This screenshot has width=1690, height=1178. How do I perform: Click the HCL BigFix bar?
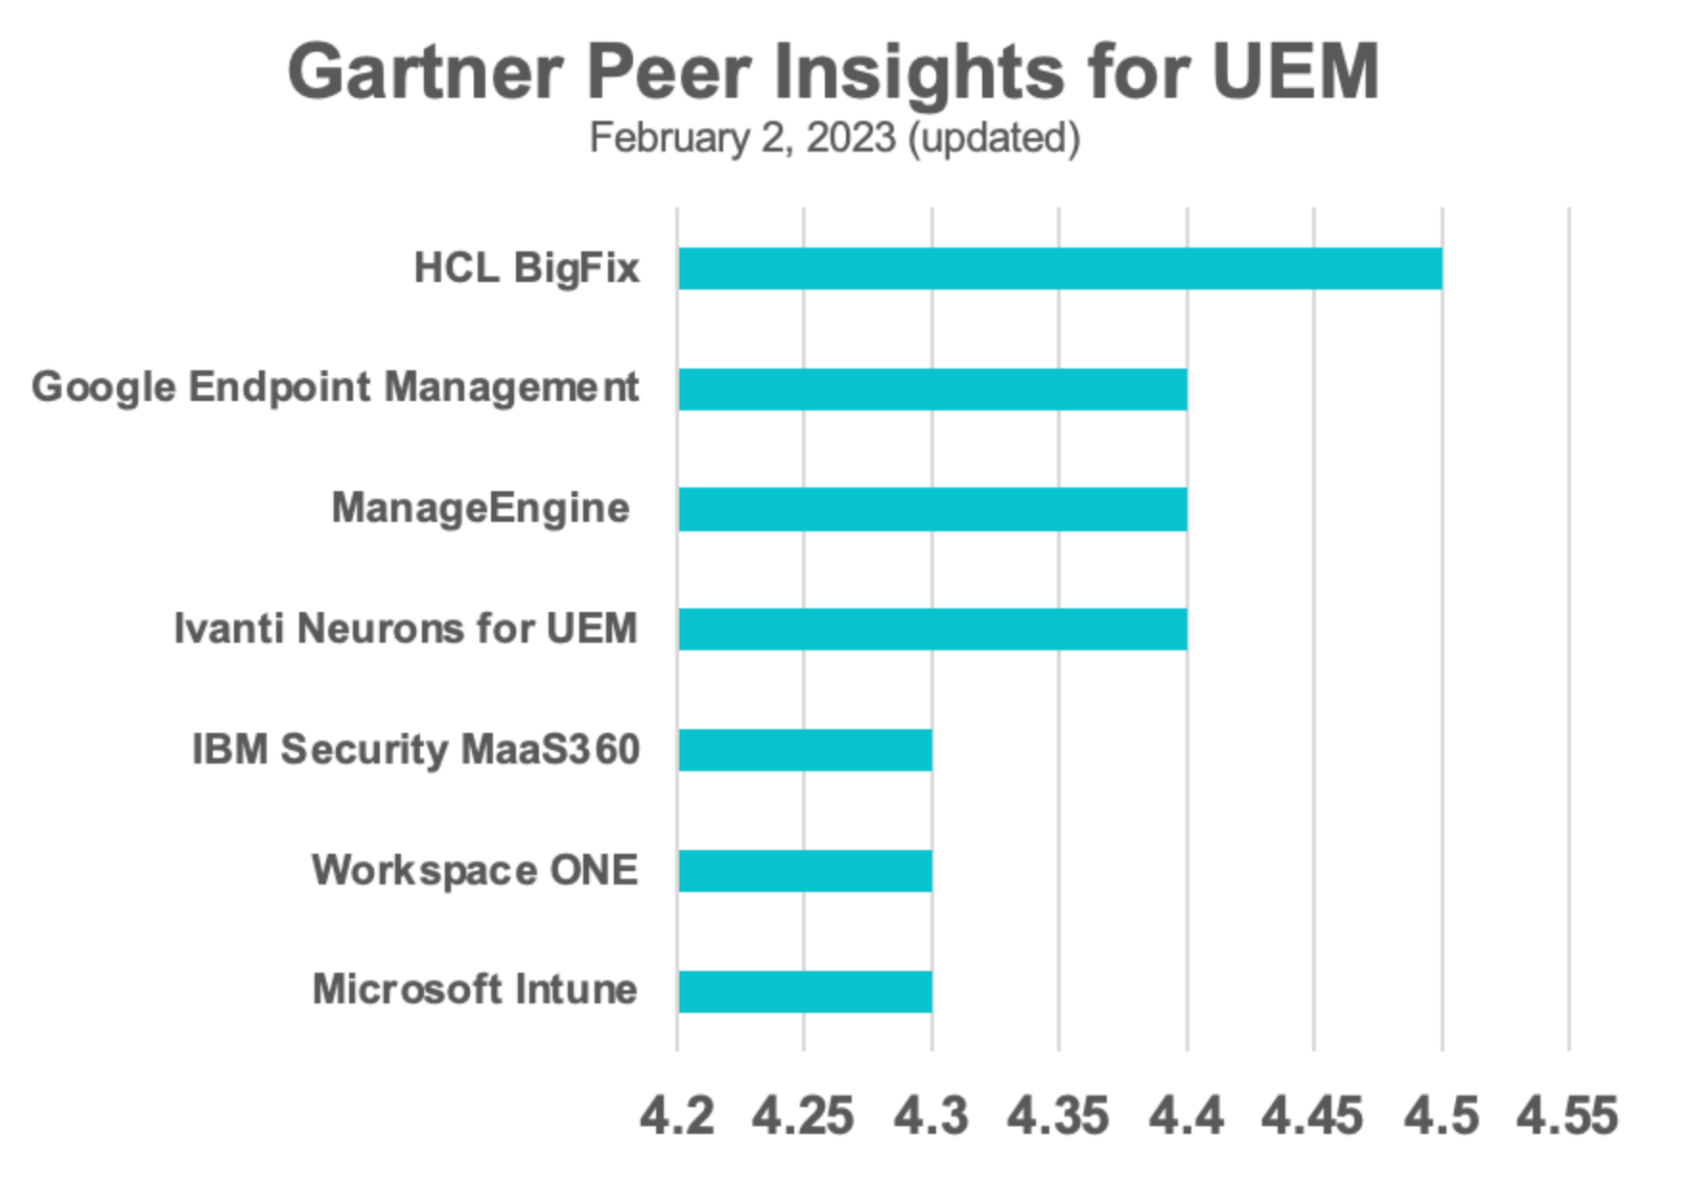pyautogui.click(x=1059, y=269)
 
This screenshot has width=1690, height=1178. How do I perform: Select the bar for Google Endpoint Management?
pyautogui.click(x=932, y=389)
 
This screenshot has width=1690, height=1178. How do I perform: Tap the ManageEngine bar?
pyautogui.click(x=932, y=509)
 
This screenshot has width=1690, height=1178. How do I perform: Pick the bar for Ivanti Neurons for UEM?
pyautogui.click(x=932, y=629)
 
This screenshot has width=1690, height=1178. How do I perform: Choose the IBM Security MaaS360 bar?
pyautogui.click(x=805, y=750)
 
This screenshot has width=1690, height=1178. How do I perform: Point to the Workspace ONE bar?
pyautogui.click(x=805, y=871)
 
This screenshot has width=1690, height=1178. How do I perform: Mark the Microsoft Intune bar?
pyautogui.click(x=805, y=991)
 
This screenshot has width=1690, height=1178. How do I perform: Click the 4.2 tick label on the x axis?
pyautogui.click(x=677, y=1117)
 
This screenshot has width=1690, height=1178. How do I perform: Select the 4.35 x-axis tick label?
pyautogui.click(x=1058, y=1117)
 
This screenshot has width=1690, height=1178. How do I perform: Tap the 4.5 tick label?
pyautogui.click(x=1442, y=1117)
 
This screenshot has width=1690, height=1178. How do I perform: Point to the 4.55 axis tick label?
pyautogui.click(x=1567, y=1117)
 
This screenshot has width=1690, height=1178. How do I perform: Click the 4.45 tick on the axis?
pyautogui.click(x=1312, y=1117)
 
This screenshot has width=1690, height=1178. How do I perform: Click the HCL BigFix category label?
pyautogui.click(x=527, y=268)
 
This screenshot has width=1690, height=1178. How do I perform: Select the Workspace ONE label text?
pyautogui.click(x=475, y=870)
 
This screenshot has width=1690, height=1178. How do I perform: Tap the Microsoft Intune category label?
pyautogui.click(x=475, y=990)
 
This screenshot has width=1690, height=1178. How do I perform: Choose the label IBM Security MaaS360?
pyautogui.click(x=415, y=749)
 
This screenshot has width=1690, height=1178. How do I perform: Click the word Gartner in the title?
pyautogui.click(x=425, y=73)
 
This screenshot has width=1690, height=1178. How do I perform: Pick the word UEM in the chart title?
pyautogui.click(x=1295, y=71)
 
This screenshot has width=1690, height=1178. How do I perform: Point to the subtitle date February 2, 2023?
pyautogui.click(x=742, y=138)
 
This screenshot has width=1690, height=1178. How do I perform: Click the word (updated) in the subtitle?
pyautogui.click(x=994, y=138)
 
